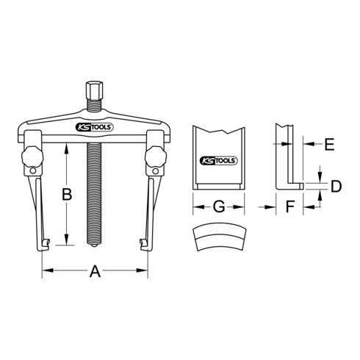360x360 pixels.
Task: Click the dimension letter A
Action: [93, 272]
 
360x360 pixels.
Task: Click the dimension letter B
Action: [66, 195]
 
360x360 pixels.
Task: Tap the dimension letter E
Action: [329, 145]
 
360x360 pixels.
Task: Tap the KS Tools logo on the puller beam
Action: [94, 128]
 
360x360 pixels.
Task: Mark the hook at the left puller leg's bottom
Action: [46, 243]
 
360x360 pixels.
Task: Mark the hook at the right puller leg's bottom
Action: [141, 243]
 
